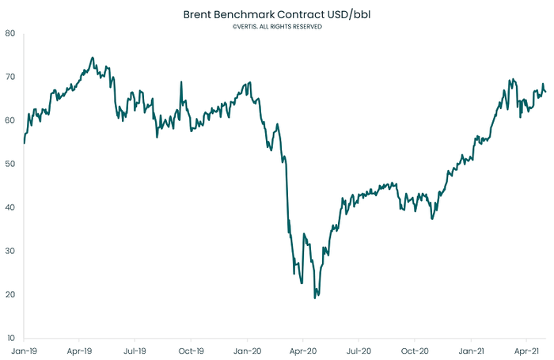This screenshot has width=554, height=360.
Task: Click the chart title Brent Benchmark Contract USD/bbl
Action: pyautogui.click(x=277, y=14)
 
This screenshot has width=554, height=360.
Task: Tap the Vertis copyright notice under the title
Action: pyautogui.click(x=277, y=26)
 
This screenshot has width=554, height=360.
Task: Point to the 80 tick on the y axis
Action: pyautogui.click(x=9, y=33)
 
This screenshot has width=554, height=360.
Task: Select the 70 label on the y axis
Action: pyautogui.click(x=9, y=77)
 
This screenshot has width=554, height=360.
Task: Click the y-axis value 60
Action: pyautogui.click(x=9, y=120)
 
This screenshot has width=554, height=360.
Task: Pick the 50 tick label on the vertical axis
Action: pyautogui.click(x=9, y=164)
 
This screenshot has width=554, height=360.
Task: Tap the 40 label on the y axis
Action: pyautogui.click(x=9, y=207)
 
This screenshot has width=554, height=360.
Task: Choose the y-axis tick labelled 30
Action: pyautogui.click(x=9, y=251)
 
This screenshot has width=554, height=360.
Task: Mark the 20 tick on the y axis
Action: pyautogui.click(x=9, y=294)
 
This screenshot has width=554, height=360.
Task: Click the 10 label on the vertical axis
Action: pyautogui.click(x=9, y=338)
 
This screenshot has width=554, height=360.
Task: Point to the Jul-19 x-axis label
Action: pyautogui.click(x=135, y=349)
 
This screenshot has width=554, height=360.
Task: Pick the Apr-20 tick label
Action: pyautogui.click(x=304, y=349)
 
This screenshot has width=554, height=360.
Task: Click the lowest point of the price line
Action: pyautogui.click(x=315, y=297)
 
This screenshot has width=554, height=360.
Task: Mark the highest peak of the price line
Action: pyautogui.click(x=93, y=57)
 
